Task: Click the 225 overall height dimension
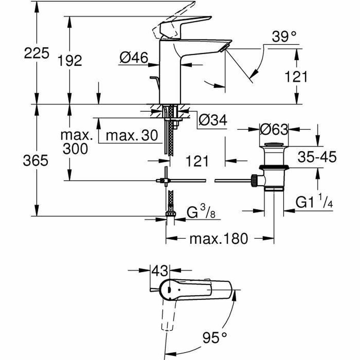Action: tap(36, 54)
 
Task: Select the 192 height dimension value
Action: tap(70, 61)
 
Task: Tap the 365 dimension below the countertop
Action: tap(36, 161)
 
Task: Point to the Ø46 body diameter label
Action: tap(134, 57)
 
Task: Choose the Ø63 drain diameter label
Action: tap(274, 130)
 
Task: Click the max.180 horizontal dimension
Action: tap(219, 239)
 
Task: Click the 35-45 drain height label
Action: tap(317, 157)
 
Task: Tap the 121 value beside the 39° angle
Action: tap(296, 77)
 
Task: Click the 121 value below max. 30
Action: tap(197, 161)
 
